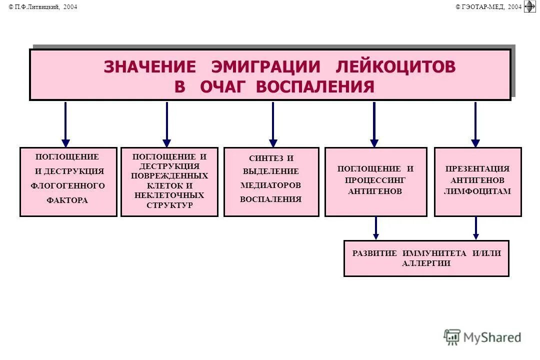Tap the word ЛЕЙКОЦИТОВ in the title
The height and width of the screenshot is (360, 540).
click(396, 66)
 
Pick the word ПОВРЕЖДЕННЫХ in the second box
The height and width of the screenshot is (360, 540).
click(169, 175)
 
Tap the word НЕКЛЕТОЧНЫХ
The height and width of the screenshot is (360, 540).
click(169, 195)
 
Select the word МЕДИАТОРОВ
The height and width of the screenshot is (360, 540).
click(271, 185)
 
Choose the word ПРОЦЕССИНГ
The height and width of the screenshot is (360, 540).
click(375, 179)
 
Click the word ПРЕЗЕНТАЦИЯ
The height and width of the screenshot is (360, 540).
click(477, 168)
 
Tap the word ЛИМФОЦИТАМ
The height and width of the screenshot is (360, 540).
click(477, 191)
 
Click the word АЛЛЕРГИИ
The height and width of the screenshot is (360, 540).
click(426, 263)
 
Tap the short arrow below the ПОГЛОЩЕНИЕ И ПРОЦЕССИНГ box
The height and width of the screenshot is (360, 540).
click(376, 228)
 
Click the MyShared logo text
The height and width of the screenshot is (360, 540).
click(492, 337)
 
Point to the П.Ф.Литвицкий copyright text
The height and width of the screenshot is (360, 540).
click(43, 6)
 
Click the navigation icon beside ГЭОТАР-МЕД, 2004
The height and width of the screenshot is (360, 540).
click(529, 6)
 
